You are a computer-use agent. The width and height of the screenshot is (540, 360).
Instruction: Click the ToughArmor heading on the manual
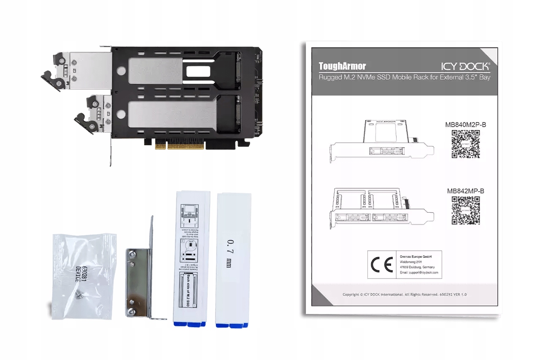pyautogui.click(x=342, y=66)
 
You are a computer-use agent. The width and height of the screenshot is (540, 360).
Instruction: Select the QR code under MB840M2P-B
pyautogui.click(x=466, y=143)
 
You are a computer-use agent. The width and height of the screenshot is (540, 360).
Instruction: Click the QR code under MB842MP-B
pyautogui.click(x=466, y=210)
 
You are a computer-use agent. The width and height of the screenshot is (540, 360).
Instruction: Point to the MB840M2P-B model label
pyautogui.click(x=465, y=125)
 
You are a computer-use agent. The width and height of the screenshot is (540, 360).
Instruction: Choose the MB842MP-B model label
pyautogui.click(x=465, y=191)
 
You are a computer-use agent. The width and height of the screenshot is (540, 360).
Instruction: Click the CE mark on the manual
pyautogui.click(x=382, y=265)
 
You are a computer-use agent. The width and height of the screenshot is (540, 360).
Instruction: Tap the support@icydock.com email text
pyautogui.click(x=419, y=273)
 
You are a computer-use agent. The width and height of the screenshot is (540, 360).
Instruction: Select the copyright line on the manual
pyautogui.click(x=405, y=295)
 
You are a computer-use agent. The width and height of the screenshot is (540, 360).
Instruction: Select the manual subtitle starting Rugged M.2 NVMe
pyautogui.click(x=405, y=78)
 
